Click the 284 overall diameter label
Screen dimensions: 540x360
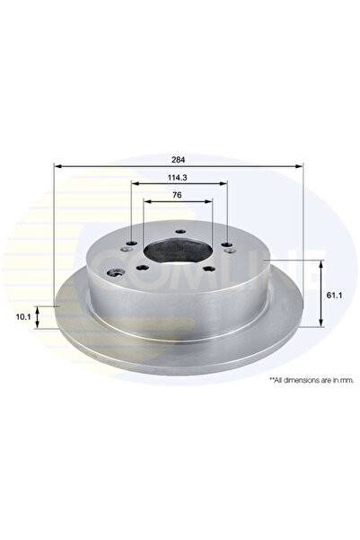click(x=180, y=158)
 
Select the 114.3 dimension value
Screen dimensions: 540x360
click(x=180, y=177)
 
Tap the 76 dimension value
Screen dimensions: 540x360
click(x=180, y=195)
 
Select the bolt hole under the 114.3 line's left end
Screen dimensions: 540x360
click(x=133, y=243)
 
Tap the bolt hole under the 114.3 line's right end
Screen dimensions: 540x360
click(x=226, y=243)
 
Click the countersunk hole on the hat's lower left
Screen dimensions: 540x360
click(x=113, y=273)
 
